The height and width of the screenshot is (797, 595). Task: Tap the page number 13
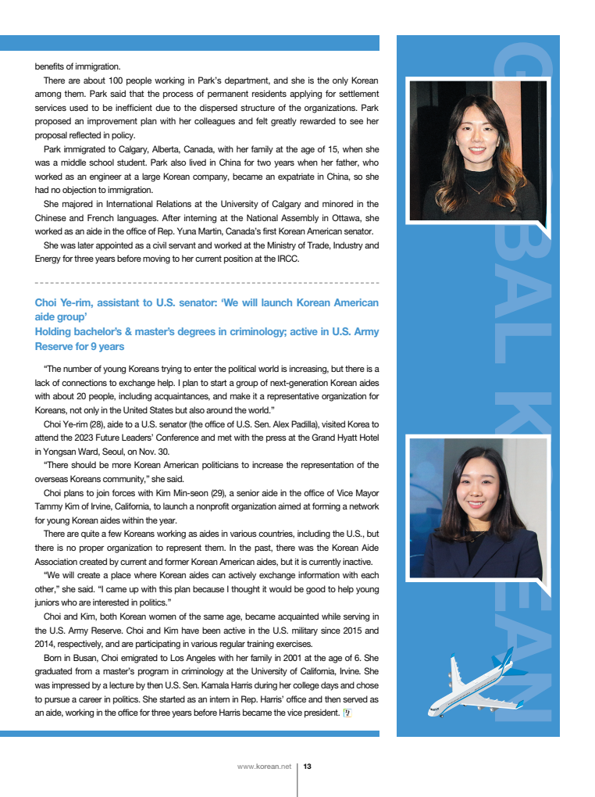(x=308, y=767)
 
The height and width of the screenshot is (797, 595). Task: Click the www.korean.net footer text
(x=264, y=767)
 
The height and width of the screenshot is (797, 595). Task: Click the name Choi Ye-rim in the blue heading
(x=63, y=302)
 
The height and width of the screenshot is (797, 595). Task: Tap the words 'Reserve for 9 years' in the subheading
(x=80, y=346)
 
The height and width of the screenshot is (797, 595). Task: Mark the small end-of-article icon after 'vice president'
(x=347, y=713)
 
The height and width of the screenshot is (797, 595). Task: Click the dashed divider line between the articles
(x=207, y=282)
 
